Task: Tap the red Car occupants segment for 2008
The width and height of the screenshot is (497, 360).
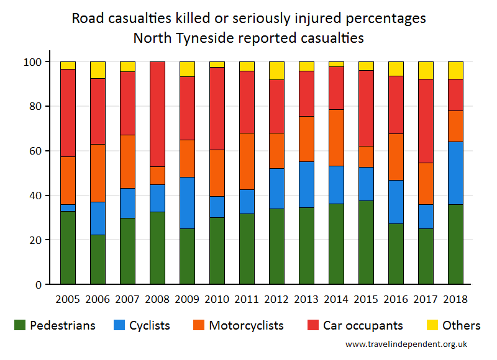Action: click(157, 114)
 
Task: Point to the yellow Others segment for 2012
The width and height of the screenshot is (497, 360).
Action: click(276, 71)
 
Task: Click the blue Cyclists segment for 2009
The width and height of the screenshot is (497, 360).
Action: click(187, 203)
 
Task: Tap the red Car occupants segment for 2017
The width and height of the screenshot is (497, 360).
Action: click(426, 121)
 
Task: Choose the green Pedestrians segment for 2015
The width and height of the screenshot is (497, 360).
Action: click(366, 242)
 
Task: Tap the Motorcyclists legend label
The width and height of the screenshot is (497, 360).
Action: click(246, 325)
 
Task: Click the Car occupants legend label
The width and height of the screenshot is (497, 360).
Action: click(363, 325)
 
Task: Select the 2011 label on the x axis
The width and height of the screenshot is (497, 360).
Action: click(247, 298)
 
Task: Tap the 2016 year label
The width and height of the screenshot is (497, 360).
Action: click(396, 298)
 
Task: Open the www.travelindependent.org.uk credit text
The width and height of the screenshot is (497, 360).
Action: click(406, 344)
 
